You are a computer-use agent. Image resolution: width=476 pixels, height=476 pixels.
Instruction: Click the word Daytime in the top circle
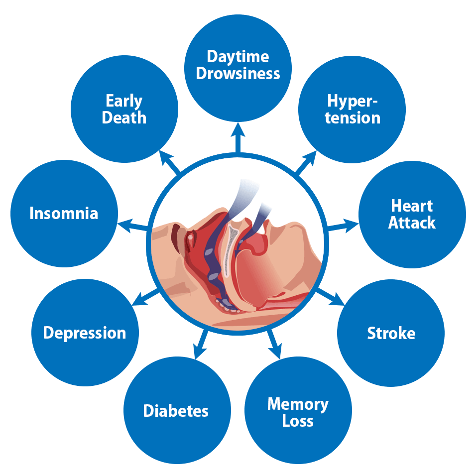tap(238, 57)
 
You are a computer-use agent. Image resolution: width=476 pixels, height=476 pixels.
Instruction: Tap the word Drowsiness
tap(238, 74)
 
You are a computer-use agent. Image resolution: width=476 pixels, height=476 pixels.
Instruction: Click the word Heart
tap(412, 206)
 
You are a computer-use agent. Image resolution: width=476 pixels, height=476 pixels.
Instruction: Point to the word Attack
tap(412, 223)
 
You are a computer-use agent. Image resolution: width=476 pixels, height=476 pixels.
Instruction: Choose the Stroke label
tap(391, 333)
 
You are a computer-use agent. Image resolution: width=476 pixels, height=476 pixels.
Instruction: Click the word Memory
tap(298, 404)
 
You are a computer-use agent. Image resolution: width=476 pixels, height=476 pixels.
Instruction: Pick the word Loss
tap(298, 421)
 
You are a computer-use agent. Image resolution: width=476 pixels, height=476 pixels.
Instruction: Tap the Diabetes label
tap(176, 411)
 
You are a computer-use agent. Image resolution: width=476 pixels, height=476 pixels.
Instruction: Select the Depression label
tap(85, 333)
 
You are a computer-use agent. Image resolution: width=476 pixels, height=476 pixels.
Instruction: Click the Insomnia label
tap(64, 214)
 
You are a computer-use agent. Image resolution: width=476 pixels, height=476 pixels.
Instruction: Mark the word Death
tap(124, 118)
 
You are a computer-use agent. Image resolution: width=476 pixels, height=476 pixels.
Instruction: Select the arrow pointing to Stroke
tap(331, 297)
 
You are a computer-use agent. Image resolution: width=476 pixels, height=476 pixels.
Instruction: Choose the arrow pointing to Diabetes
tap(201, 343)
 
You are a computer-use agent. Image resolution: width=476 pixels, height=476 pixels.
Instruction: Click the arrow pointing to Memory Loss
tap(274, 344)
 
